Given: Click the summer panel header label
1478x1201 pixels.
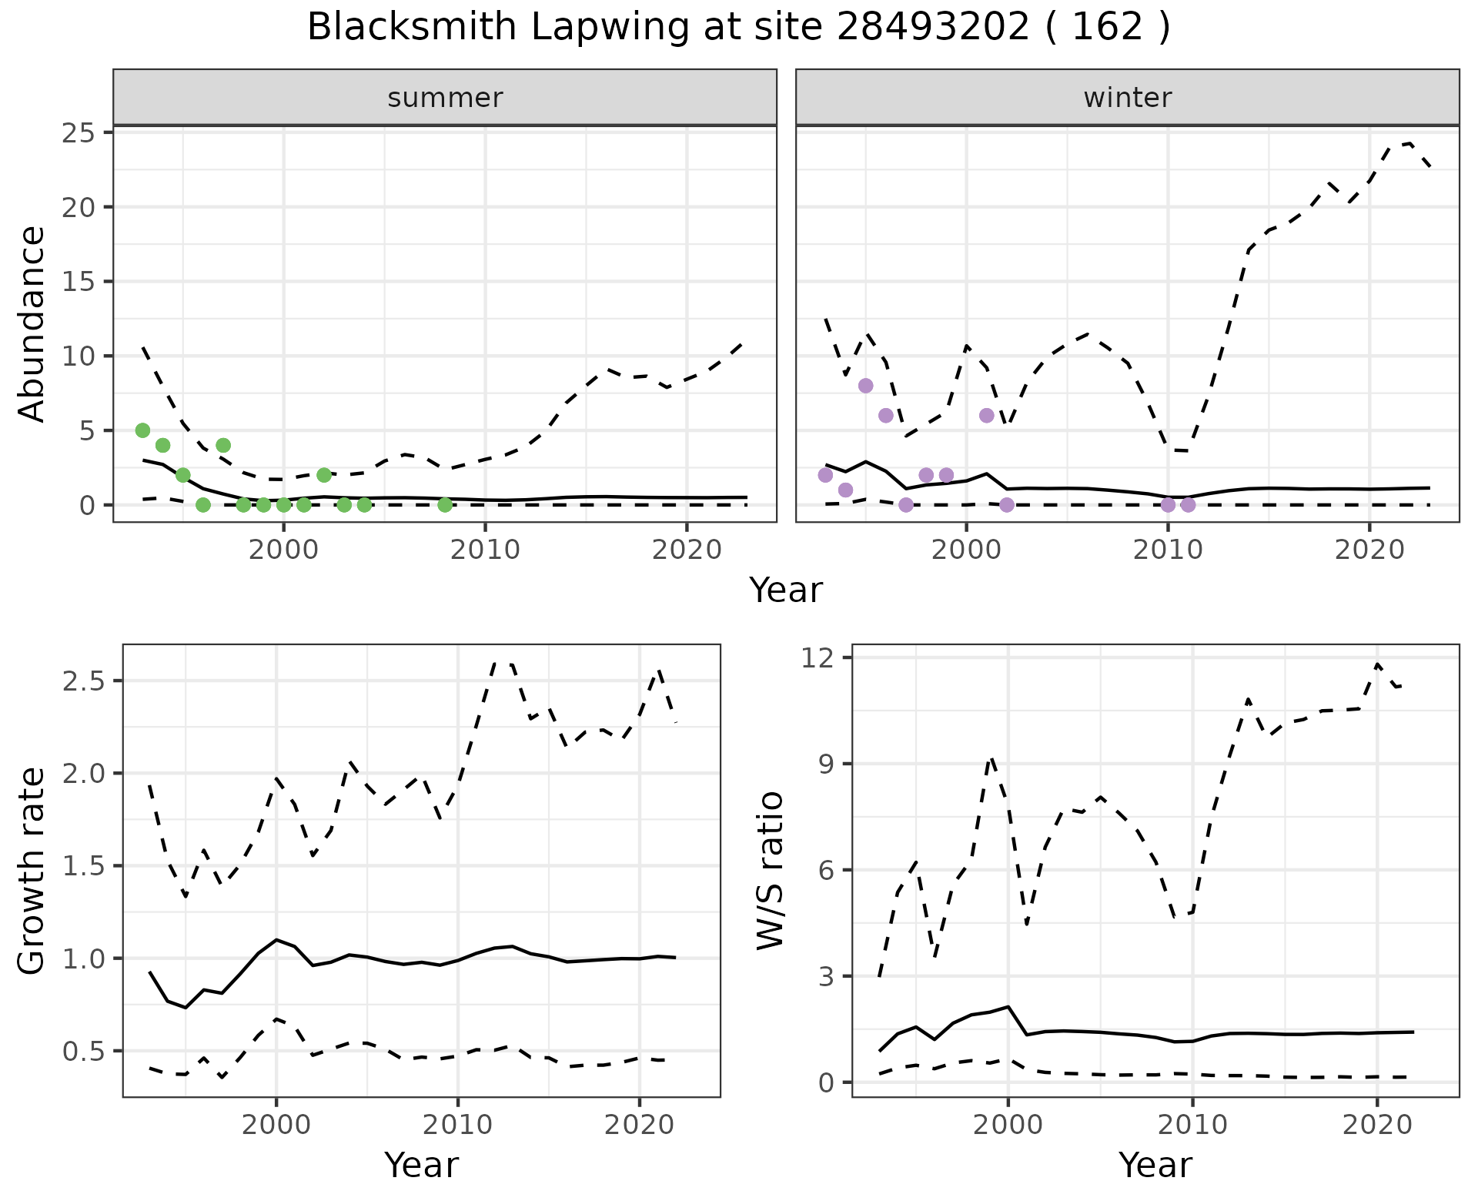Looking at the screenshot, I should click(x=445, y=98).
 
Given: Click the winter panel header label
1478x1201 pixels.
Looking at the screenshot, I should click(x=1127, y=98).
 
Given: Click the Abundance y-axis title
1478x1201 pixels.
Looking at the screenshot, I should click(x=32, y=324).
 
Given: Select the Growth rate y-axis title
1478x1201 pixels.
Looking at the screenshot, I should click(x=32, y=871).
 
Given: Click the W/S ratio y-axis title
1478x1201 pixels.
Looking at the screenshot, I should click(x=770, y=871).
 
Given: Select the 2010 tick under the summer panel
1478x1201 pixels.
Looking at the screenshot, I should click(x=485, y=550).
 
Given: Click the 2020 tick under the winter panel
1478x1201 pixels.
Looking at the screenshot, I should click(x=1369, y=550).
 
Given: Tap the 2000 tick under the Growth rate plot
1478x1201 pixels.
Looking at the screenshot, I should click(x=276, y=1125).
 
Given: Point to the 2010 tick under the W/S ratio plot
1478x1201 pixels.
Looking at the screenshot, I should click(x=1192, y=1125).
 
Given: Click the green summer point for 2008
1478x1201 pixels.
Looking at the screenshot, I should click(x=445, y=505).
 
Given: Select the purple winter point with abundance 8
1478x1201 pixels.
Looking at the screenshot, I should click(x=865, y=386).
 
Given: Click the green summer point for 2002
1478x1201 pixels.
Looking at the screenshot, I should click(x=324, y=475).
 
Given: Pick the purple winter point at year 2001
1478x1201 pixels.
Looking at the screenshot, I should click(x=987, y=416).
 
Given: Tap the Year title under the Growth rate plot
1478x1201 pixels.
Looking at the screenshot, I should click(x=421, y=1166).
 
